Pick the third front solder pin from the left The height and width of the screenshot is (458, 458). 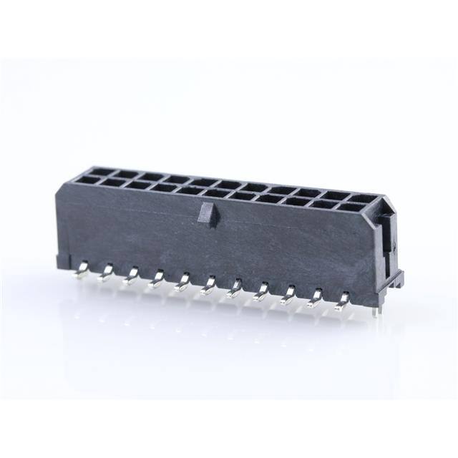(x=132, y=276)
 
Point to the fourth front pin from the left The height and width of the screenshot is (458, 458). (x=157, y=280)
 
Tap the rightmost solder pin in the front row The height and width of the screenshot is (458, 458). (x=343, y=298)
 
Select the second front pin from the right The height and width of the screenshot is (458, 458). (x=315, y=297)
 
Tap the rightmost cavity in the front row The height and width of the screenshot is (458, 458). (x=351, y=208)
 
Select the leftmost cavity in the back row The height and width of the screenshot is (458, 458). (x=102, y=171)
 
